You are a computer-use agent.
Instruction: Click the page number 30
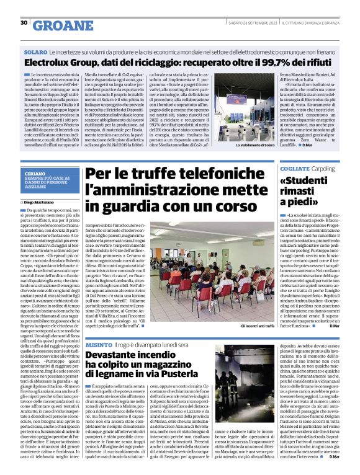[x=24, y=23]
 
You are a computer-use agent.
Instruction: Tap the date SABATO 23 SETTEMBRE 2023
[x=251, y=23]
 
